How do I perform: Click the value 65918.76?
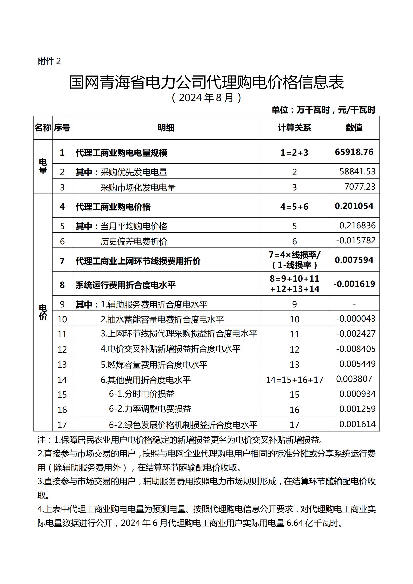point(354,152)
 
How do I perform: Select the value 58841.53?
point(357,171)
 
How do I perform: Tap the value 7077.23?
point(360,187)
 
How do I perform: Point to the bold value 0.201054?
point(354,206)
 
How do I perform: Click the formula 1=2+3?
point(294,153)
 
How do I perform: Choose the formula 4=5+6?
point(294,207)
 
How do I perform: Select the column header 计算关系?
point(294,128)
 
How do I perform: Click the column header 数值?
point(354,128)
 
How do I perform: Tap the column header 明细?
point(166,128)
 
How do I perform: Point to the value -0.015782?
point(356,240)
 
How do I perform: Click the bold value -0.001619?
point(354,284)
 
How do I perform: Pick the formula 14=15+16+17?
point(294,380)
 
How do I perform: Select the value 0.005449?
point(357,364)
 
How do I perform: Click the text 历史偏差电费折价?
point(134,241)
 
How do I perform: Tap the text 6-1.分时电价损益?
point(142,394)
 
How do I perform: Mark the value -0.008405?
point(356,349)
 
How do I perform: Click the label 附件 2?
point(49,61)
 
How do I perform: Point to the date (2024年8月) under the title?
point(206,98)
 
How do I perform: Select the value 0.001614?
point(357,424)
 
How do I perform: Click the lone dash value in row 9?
point(354,304)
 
